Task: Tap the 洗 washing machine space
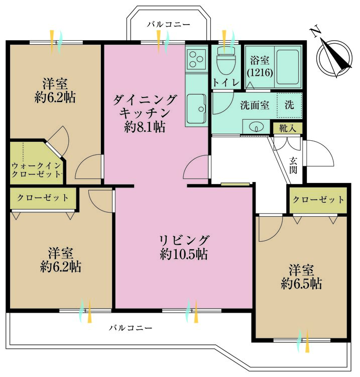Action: tap(290, 106)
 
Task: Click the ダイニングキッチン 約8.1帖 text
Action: tap(145, 113)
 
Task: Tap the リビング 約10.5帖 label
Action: tap(184, 247)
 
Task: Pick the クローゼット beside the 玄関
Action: tap(319, 200)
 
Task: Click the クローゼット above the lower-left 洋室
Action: tap(43, 198)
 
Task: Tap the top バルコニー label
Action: tap(169, 24)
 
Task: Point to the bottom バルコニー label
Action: tap(131, 328)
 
